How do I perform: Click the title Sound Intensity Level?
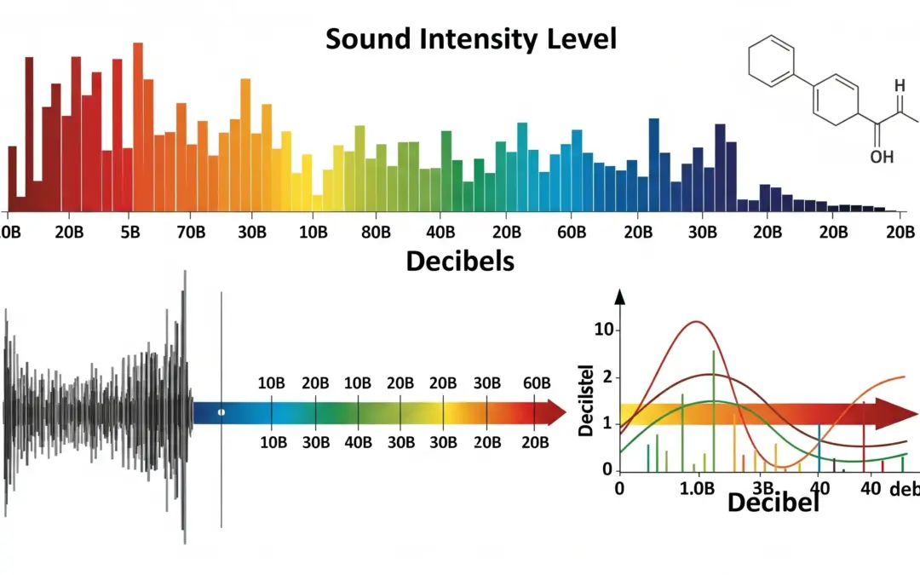pyautogui.click(x=471, y=38)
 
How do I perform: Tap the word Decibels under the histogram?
pyautogui.click(x=460, y=261)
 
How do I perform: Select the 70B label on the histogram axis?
pyautogui.click(x=190, y=233)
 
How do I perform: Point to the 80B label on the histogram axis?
pyautogui.click(x=376, y=233)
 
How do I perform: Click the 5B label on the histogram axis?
pyautogui.click(x=130, y=233)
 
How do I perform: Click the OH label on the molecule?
pyautogui.click(x=882, y=157)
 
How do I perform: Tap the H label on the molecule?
pyautogui.click(x=900, y=85)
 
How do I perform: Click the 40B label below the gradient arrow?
pyautogui.click(x=359, y=441)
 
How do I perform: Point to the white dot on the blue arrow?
pyautogui.click(x=221, y=412)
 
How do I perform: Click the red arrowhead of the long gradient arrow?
pyautogui.click(x=555, y=413)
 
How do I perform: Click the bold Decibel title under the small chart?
pyautogui.click(x=773, y=503)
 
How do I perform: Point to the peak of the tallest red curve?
pyautogui.click(x=697, y=322)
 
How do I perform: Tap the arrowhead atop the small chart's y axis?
pyautogui.click(x=619, y=297)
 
